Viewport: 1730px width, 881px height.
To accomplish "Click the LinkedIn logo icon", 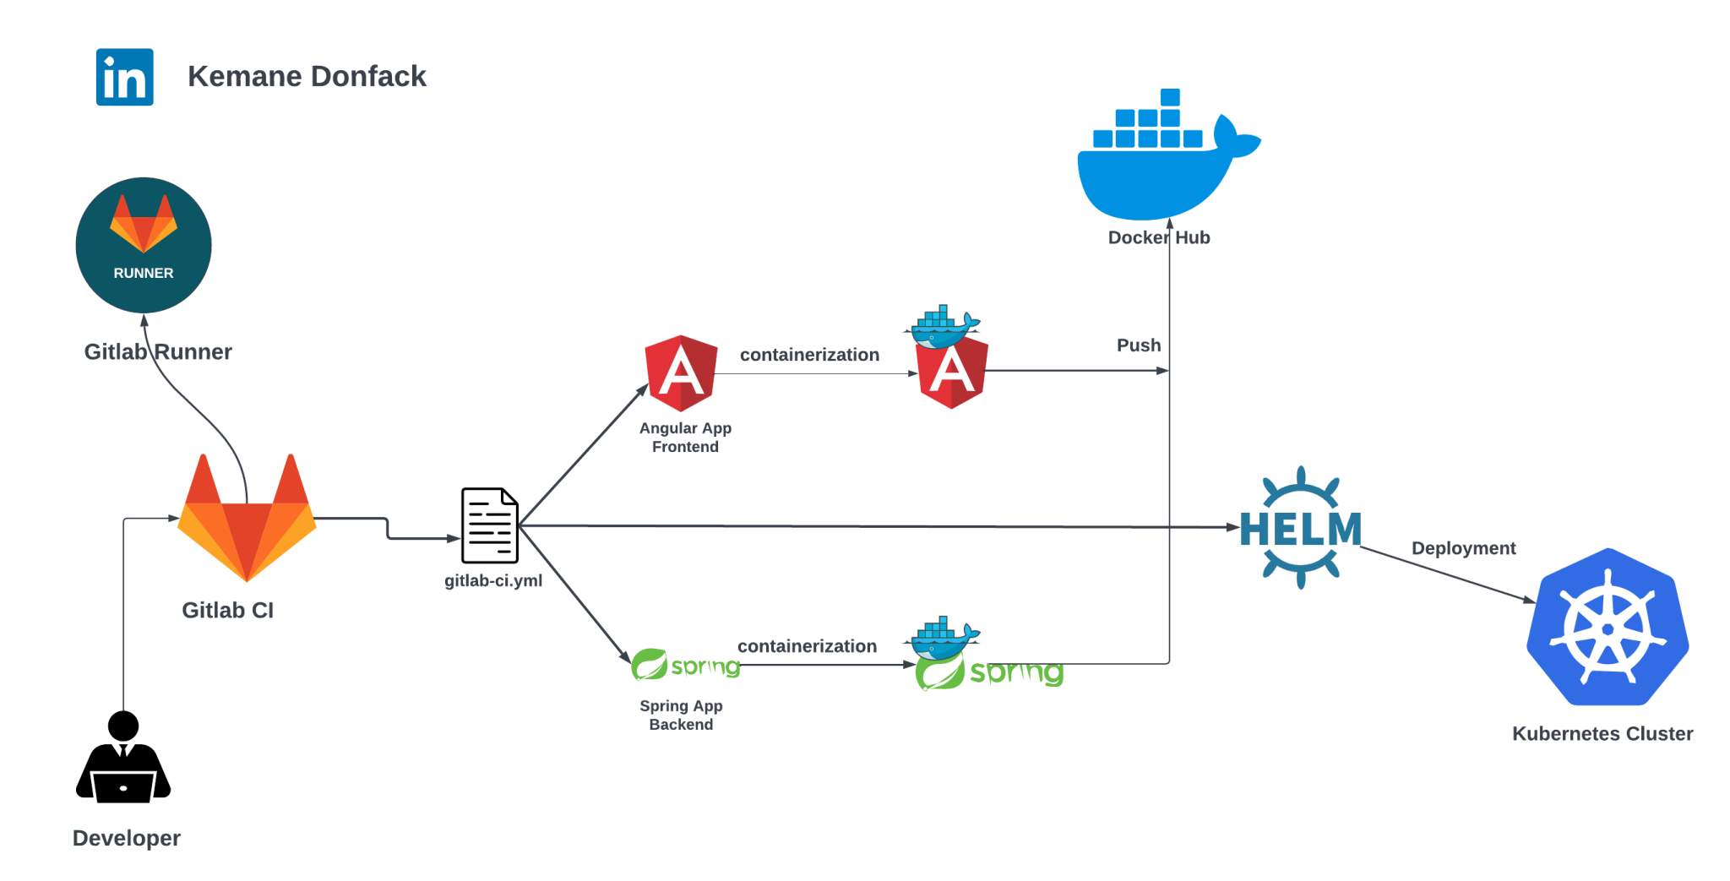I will coord(124,77).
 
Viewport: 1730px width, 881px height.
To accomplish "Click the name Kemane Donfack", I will coord(307,76).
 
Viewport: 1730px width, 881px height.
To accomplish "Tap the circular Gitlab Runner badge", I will coord(144,245).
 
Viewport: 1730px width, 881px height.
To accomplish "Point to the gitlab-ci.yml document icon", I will coord(489,525).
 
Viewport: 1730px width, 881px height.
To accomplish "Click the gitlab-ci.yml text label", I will coord(493,581).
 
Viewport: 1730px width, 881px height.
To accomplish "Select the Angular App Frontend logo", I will coord(681,373).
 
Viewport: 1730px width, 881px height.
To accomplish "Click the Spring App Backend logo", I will coord(685,666).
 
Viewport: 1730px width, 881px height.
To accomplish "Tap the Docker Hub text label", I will coord(1158,238).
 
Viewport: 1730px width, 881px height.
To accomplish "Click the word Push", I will coord(1138,345).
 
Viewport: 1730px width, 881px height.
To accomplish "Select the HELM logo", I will coord(1300,528).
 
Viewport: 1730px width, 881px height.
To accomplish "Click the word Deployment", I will coord(1463,548).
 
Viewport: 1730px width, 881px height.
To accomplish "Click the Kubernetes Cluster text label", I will coord(1602,734).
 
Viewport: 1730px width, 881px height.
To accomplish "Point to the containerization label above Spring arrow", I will coord(807,646).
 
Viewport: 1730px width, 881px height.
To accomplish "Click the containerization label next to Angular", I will coord(809,355).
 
